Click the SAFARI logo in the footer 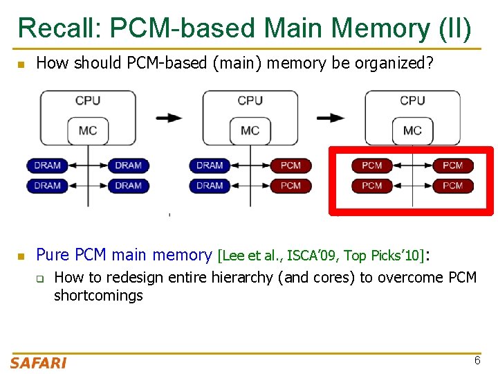click(x=38, y=362)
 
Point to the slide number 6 click(x=477, y=360)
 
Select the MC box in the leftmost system click(x=88, y=130)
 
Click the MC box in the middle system click(x=250, y=130)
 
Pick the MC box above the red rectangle click(x=412, y=130)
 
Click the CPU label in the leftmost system click(x=88, y=101)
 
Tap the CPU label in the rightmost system click(x=412, y=101)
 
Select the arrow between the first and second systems click(x=169, y=118)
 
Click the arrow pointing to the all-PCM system click(x=331, y=118)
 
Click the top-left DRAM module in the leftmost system click(x=47, y=166)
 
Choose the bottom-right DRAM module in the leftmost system click(x=128, y=186)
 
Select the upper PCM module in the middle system click(x=290, y=166)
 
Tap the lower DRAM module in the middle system click(x=210, y=186)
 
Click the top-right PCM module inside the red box click(x=452, y=166)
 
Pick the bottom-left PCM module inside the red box click(x=371, y=186)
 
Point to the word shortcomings click(x=98, y=296)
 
